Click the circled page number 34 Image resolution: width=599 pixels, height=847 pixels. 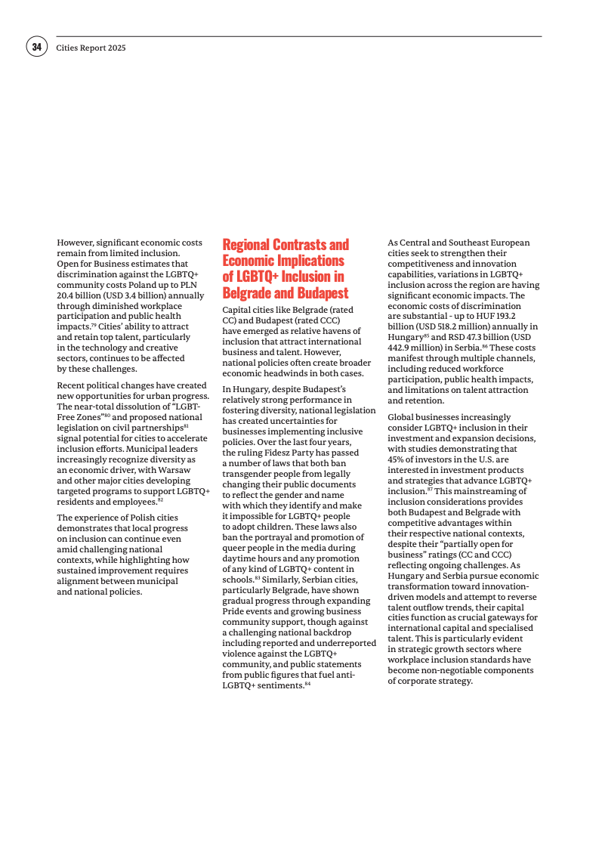36,47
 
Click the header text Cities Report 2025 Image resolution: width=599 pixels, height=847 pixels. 91,48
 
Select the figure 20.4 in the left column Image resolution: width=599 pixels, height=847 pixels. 67,295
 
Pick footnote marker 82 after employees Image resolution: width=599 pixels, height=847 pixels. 160,499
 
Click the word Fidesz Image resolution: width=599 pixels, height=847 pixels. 281,453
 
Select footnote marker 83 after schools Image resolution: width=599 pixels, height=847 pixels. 257,578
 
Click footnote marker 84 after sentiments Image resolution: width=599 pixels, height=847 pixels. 307,684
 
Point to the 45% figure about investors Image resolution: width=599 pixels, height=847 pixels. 396,459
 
